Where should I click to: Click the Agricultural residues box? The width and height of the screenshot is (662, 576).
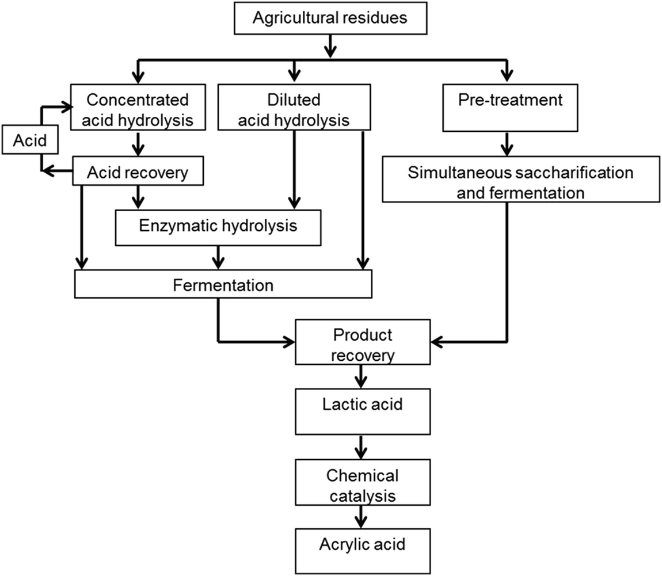pos(330,18)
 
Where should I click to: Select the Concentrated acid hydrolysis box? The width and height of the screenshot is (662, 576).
pos(138,109)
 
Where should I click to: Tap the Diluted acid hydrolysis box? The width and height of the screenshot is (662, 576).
pos(294,109)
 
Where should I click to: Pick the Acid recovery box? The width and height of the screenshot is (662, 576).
pos(138,172)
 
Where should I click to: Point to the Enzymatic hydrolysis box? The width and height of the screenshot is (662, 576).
pos(218,226)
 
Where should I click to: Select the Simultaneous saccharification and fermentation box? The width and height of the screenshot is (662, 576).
pos(520,182)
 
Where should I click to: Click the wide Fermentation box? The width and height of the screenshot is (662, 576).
pos(223,284)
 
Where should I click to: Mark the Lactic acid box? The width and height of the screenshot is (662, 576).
pos(362,411)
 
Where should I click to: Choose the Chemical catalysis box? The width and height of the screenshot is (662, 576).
pos(362,484)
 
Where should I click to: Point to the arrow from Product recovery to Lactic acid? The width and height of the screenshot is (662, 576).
pos(362,377)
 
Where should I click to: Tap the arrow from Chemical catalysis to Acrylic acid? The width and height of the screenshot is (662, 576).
pos(362,516)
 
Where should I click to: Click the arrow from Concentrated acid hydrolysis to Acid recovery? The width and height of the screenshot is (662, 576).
pos(138,144)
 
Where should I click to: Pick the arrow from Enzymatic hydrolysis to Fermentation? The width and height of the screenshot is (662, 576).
pos(218,258)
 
